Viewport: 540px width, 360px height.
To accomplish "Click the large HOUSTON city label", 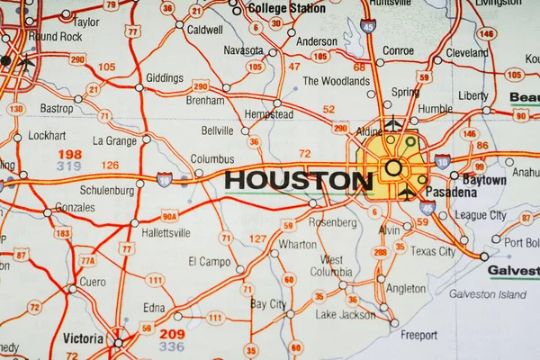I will tap(299, 181).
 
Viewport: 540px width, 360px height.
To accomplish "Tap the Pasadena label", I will tap(452, 193).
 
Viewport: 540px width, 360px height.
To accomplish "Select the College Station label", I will tap(286, 8).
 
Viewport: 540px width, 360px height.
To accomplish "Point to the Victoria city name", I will tap(83, 338).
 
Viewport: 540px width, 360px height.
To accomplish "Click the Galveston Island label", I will tap(487, 294).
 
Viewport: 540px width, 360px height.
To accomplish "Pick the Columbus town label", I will tap(212, 159).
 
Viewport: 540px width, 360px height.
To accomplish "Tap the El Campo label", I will tap(209, 262).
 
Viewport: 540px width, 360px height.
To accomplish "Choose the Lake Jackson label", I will tap(345, 314).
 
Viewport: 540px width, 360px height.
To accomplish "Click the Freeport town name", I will tap(418, 336).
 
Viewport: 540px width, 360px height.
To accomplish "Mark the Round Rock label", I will tap(55, 37).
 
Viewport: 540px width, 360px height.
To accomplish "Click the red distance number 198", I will tap(69, 154).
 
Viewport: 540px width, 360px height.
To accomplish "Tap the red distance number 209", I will tap(171, 334).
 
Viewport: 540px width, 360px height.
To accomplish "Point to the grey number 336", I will tap(171, 346).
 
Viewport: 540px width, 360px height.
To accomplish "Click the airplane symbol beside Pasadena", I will tap(408, 193).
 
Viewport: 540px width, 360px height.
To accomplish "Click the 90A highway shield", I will tap(169, 216).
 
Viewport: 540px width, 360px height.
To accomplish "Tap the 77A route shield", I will tap(87, 261).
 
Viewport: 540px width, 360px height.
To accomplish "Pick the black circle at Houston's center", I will tap(393, 167).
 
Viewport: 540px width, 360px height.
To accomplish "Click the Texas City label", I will tap(433, 251).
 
